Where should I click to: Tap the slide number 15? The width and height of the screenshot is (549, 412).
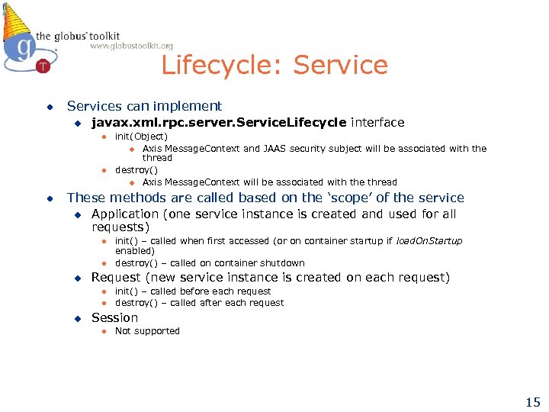coord(531,402)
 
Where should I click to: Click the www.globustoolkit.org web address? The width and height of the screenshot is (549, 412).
coord(131,47)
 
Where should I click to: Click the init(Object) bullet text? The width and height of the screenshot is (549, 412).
coord(141,137)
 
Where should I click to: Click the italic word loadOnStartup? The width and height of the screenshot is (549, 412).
coord(429,241)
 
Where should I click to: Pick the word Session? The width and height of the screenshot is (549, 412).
coord(114,317)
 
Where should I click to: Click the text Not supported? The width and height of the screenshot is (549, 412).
coord(147,331)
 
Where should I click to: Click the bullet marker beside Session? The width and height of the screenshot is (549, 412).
coord(76,318)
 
